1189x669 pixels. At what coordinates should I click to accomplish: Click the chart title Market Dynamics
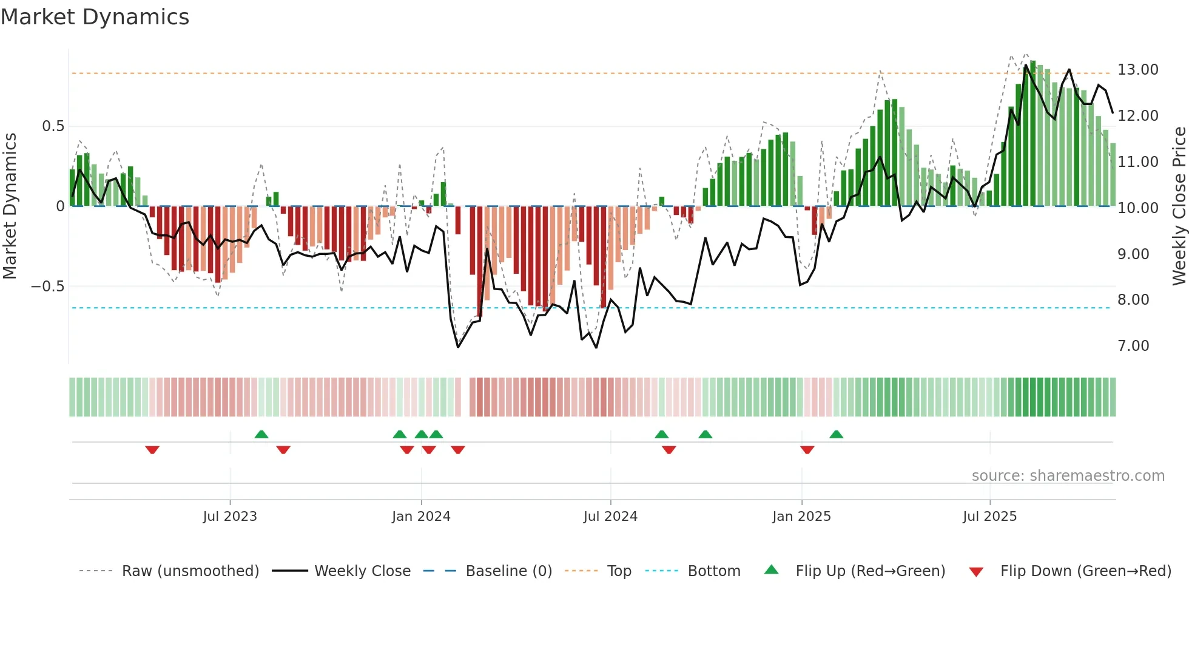click(x=95, y=17)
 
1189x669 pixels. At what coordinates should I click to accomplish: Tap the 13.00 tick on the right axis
click(x=1137, y=70)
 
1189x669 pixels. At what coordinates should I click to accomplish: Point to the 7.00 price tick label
click(x=1133, y=346)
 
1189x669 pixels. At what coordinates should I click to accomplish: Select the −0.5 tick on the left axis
click(x=47, y=287)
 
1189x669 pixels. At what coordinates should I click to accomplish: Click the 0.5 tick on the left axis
click(x=53, y=126)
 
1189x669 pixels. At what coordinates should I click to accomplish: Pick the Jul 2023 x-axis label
click(x=230, y=517)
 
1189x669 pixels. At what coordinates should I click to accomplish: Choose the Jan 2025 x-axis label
click(x=801, y=517)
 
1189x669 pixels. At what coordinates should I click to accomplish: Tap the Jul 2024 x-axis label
click(x=610, y=517)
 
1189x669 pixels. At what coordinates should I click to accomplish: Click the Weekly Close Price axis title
click(x=1179, y=206)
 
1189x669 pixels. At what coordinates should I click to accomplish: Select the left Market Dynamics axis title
click(x=10, y=206)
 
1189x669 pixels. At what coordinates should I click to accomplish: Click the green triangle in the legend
click(x=771, y=569)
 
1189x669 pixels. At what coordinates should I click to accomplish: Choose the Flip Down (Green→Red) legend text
click(x=1085, y=571)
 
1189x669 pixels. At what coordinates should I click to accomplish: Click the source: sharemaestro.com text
click(x=1068, y=476)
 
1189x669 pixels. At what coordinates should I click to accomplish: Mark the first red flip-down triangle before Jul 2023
click(x=152, y=449)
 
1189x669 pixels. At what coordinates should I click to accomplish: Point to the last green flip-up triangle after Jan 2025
click(x=836, y=435)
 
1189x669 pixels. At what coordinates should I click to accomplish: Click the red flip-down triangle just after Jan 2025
click(x=807, y=449)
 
